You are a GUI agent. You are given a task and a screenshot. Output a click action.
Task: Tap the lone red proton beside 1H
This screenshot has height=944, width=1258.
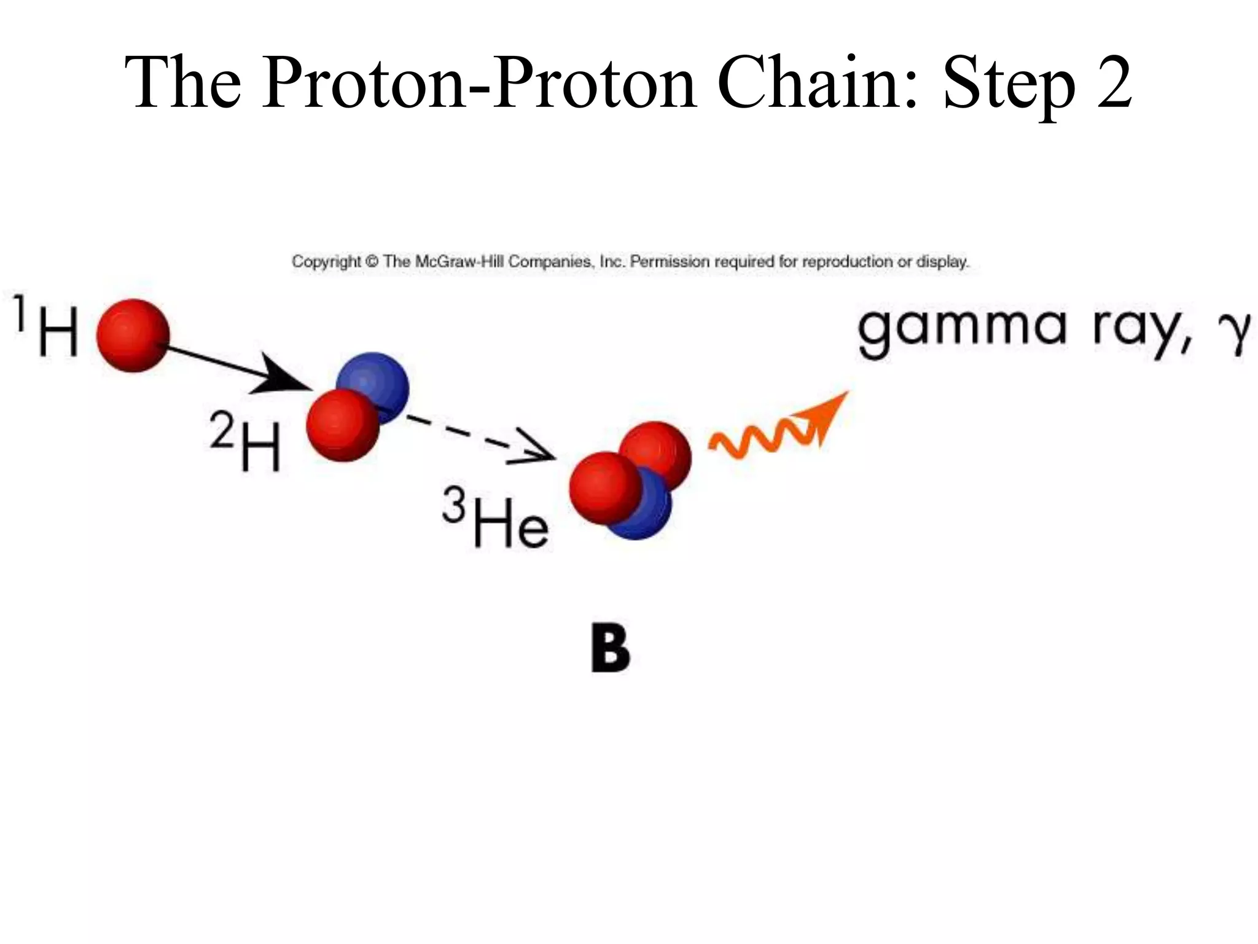[133, 336]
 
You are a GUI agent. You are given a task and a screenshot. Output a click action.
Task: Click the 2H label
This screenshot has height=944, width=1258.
[246, 441]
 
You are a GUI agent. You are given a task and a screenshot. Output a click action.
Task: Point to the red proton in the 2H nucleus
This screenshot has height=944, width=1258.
[342, 424]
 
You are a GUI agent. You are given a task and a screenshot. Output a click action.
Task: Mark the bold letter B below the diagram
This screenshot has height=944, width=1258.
[610, 649]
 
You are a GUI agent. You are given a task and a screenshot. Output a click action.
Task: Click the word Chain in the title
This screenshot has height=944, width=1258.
[817, 83]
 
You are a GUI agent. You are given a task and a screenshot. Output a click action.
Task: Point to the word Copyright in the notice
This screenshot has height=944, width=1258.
[326, 262]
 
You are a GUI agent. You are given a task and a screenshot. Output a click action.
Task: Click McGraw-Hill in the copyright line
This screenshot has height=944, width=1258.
[460, 262]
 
